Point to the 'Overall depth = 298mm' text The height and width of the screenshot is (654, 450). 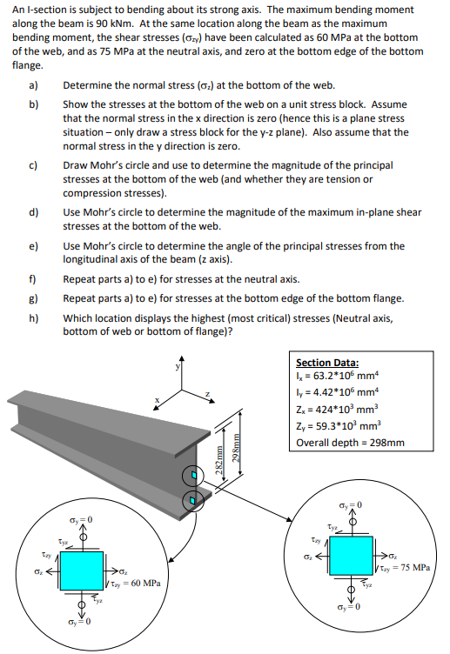tap(350, 442)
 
